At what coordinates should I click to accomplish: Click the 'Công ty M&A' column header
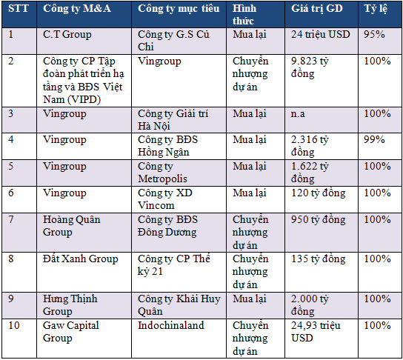[x=77, y=9]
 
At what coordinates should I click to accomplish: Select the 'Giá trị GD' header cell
[x=317, y=9]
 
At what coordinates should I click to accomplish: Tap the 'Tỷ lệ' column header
[x=376, y=9]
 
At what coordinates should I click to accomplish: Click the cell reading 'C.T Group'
[x=67, y=34]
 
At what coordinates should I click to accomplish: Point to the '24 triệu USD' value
[x=321, y=34]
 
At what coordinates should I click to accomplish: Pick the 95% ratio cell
[x=374, y=34]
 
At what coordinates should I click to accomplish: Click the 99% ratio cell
[x=374, y=139]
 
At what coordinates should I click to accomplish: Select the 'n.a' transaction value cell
[x=298, y=114]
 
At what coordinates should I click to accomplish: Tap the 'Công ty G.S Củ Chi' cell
[x=173, y=41]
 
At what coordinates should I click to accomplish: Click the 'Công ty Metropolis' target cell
[x=162, y=173]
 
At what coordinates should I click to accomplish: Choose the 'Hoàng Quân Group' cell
[x=71, y=226]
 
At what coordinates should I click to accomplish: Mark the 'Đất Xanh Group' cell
[x=81, y=259]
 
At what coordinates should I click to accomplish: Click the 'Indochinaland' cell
[x=171, y=325]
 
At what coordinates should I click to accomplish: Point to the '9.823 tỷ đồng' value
[x=310, y=67]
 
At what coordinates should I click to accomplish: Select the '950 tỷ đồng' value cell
[x=319, y=220]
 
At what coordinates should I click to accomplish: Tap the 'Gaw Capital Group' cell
[x=71, y=332]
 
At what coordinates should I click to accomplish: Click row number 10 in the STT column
[x=14, y=325]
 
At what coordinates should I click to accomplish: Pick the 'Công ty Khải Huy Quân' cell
[x=179, y=305]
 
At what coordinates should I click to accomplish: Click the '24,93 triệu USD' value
[x=316, y=332]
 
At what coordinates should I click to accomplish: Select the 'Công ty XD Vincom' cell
[x=164, y=199]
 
